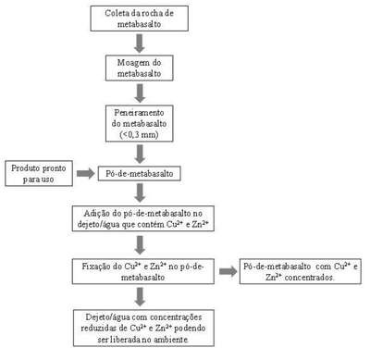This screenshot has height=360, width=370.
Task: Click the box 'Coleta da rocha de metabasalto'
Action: tap(140, 19)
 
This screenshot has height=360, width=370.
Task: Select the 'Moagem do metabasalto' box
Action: tap(140, 68)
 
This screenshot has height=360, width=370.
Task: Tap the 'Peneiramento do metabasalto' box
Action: tap(140, 123)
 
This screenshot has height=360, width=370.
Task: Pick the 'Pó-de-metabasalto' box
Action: tap(140, 174)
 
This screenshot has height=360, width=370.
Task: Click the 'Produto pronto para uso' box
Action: tap(39, 173)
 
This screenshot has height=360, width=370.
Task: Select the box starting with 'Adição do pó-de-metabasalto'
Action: tap(143, 218)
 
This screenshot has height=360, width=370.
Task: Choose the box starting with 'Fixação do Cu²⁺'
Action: tap(143, 271)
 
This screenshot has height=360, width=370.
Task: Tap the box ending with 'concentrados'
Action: tap(301, 271)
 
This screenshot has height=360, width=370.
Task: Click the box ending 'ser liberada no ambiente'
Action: tap(143, 329)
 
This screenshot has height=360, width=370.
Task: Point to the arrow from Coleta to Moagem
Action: tap(140, 43)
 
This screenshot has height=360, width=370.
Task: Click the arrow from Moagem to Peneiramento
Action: tap(140, 93)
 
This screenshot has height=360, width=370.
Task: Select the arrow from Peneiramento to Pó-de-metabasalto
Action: tap(140, 155)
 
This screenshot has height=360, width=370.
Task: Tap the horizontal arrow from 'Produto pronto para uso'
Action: tap(86, 174)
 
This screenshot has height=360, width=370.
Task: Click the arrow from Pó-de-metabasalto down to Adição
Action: tap(140, 193)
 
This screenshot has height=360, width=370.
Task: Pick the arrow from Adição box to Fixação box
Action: tap(140, 245)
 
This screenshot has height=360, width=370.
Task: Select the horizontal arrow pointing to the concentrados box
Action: tap(228, 271)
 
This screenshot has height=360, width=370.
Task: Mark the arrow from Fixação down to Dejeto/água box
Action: tap(140, 297)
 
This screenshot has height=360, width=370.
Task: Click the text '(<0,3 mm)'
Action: tap(139, 135)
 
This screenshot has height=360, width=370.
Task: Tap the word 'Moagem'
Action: tap(129, 63)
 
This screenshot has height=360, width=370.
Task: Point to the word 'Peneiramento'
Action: tap(139, 113)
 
